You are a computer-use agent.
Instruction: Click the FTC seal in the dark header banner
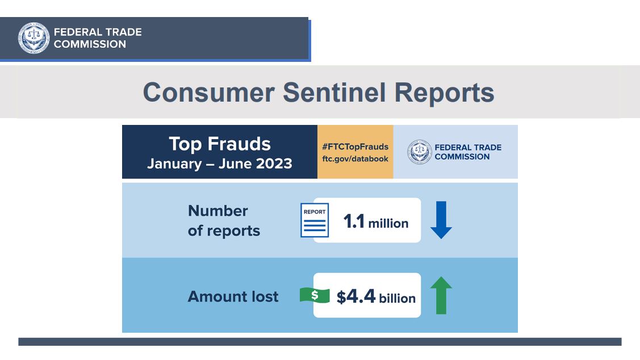point(34,38)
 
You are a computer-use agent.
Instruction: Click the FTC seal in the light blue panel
point(419,152)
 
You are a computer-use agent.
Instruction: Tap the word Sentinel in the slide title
point(334,93)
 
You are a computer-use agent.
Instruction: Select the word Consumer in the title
point(208,93)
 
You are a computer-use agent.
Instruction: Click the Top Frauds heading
point(220,144)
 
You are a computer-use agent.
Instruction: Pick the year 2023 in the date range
point(274,164)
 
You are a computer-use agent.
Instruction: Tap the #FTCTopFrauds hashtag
point(355,146)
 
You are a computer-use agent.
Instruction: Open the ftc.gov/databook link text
point(355,159)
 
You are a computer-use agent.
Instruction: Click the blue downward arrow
point(441,220)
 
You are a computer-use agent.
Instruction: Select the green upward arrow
point(441,295)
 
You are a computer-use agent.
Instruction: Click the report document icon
point(315,220)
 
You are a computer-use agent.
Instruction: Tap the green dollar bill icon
point(315,295)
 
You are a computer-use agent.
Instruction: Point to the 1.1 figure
point(354,221)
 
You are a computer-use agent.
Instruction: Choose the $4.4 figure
point(356,297)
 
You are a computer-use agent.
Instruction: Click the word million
point(388,223)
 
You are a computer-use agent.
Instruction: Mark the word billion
point(397,298)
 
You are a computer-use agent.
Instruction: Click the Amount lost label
point(233,296)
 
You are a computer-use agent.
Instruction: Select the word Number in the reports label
point(218,211)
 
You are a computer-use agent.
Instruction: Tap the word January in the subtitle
point(175,164)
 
